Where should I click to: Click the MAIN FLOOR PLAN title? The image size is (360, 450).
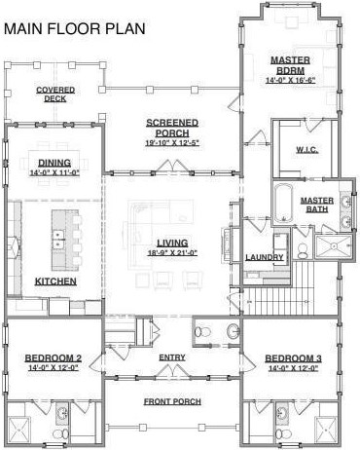click(75, 28)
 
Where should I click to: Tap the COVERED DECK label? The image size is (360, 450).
click(55, 94)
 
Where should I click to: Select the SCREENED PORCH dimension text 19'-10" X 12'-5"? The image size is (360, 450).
click(172, 143)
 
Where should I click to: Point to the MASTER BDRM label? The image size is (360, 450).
click(290, 65)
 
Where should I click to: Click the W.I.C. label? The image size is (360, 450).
click(306, 150)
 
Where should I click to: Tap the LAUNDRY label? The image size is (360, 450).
click(265, 257)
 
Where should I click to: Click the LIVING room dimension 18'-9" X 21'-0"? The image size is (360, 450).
click(172, 253)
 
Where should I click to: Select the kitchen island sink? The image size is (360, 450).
click(58, 239)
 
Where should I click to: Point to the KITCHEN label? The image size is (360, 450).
click(55, 281)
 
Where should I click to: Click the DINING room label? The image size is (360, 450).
click(54, 163)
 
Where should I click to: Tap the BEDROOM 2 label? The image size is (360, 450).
click(54, 358)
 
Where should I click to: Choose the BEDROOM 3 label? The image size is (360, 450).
click(293, 358)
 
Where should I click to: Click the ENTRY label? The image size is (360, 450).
click(172, 357)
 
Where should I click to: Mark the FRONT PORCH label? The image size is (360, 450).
click(172, 401)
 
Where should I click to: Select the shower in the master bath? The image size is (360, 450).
click(334, 246)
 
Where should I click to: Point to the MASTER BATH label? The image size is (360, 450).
click(317, 205)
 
